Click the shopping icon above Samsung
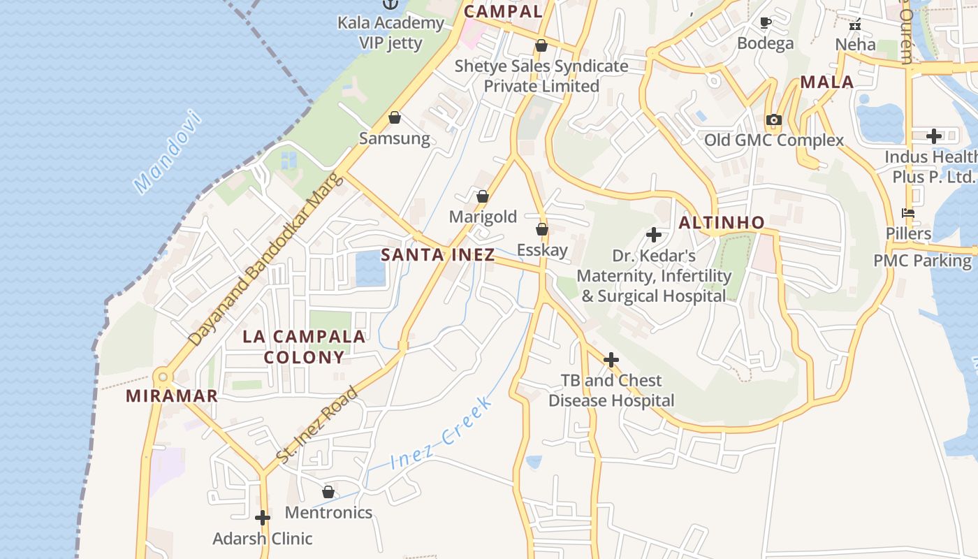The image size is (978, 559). tap(395, 117)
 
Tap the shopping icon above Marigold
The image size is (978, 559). tap(482, 196)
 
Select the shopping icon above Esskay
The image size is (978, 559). tap(541, 229)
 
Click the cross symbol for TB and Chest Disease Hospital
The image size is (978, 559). tap(611, 360)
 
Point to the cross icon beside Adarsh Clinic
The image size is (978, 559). tap(263, 518)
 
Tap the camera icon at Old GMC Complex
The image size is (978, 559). tap(773, 119)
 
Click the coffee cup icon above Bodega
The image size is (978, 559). tap(766, 22)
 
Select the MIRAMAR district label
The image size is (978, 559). tap(172, 396)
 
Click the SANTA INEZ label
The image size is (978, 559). tap(438, 255)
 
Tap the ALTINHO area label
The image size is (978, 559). tap(722, 223)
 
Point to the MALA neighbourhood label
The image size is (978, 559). tap(827, 82)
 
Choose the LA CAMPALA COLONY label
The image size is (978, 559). tap(304, 347)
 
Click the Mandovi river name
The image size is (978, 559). tap(168, 152)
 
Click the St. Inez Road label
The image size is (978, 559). tap(318, 424)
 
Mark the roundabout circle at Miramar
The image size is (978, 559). tap(163, 377)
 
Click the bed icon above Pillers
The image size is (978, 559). tap(908, 213)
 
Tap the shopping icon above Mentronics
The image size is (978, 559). tap(328, 492)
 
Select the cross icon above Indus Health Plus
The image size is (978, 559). tap(934, 136)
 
